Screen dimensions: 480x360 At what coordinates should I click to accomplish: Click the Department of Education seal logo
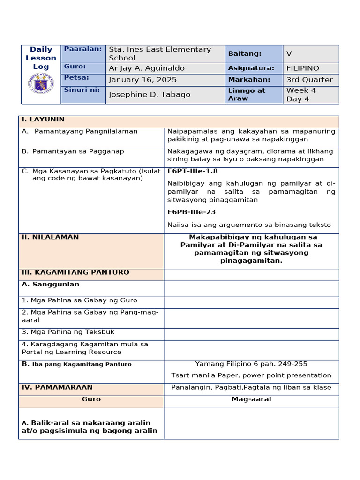[41, 83]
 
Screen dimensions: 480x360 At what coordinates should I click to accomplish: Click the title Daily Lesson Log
[41, 58]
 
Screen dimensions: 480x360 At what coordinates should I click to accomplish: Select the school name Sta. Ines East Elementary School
[159, 53]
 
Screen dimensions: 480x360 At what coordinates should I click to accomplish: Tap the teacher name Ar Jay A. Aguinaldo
[146, 68]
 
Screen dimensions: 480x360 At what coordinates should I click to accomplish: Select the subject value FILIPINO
[302, 68]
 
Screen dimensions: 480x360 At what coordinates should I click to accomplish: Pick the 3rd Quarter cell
[309, 80]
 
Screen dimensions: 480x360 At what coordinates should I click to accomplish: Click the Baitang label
[245, 54]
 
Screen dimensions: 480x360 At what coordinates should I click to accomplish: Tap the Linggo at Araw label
[247, 94]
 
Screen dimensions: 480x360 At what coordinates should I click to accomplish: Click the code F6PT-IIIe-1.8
[192, 171]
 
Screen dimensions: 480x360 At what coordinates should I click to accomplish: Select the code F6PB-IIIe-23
[191, 212]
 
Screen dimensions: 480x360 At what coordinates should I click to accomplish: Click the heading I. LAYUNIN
[43, 120]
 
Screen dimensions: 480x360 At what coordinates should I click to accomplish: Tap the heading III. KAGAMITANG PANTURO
[75, 272]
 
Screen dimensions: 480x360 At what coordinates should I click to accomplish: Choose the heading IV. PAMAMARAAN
[57, 387]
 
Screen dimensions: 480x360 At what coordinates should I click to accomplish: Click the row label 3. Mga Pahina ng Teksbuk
[68, 332]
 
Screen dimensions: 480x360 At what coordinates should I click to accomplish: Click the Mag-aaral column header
[251, 399]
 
